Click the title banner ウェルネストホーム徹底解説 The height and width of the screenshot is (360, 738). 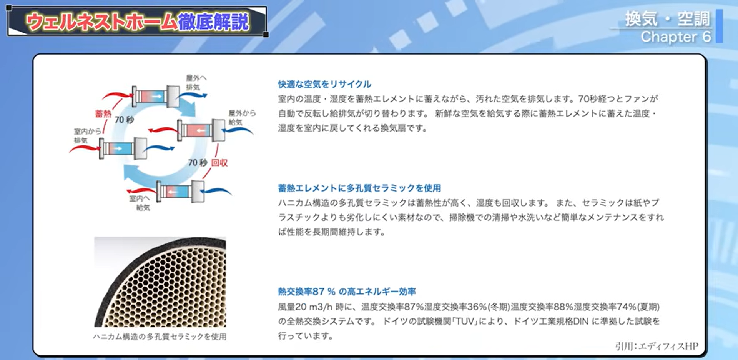click(x=137, y=22)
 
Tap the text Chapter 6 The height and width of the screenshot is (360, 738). click(x=675, y=37)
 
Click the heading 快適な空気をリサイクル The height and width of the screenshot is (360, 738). click(x=324, y=84)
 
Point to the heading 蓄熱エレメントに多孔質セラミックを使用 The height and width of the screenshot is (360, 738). click(x=359, y=188)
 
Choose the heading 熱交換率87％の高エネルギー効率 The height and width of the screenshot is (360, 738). click(x=347, y=292)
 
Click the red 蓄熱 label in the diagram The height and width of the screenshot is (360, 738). click(x=103, y=113)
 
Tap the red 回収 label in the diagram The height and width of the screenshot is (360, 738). click(x=219, y=163)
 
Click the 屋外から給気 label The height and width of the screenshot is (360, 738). click(x=241, y=117)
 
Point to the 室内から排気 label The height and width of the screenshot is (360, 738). click(x=87, y=135)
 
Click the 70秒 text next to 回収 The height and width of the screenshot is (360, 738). click(x=198, y=163)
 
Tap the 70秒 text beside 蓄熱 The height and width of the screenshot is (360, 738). click(x=124, y=120)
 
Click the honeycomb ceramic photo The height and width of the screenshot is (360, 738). click(x=160, y=282)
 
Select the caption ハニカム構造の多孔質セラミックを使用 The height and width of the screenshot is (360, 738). click(x=160, y=337)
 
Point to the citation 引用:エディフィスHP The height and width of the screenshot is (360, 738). click(x=656, y=346)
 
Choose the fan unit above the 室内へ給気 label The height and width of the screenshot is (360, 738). click(x=180, y=191)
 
